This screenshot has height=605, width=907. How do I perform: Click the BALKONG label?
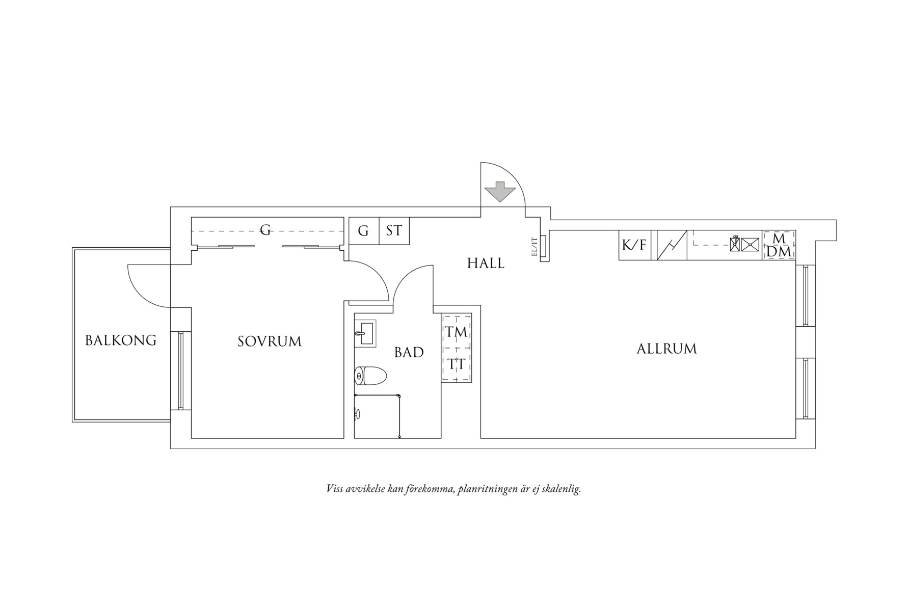coord(121,340)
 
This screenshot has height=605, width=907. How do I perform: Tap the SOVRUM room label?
coord(270,341)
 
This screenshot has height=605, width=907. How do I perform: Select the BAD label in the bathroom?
coord(409,352)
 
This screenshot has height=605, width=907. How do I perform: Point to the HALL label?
coord(486,264)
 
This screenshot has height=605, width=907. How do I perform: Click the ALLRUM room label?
coord(666,349)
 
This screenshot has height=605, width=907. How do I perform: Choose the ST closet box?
coord(394,231)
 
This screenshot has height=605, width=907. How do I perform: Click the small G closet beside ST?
coord(363,231)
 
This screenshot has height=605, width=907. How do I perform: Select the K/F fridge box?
coord(634,245)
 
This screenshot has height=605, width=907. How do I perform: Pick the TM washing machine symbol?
coord(456,332)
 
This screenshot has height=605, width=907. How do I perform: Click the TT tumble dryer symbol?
coord(456,364)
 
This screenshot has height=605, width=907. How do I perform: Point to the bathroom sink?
coord(365,334)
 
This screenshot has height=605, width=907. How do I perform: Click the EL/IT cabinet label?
coord(535,247)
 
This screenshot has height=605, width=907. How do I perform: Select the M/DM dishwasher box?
coord(779,245)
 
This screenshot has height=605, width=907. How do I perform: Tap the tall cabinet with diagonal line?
coord(672,245)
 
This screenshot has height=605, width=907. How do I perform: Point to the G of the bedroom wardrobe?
coord(265,231)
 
